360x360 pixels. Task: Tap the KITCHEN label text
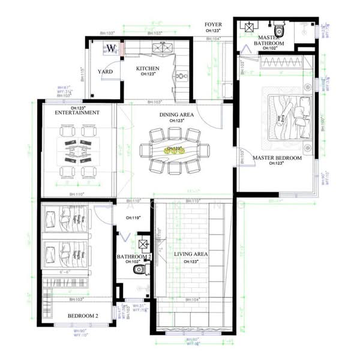click(148, 68)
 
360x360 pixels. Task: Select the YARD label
click(106, 71)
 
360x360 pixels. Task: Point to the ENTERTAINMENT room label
click(77, 112)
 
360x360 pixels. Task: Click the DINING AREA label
click(176, 114)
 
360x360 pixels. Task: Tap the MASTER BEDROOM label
click(277, 158)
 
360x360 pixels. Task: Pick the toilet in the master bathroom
click(278, 30)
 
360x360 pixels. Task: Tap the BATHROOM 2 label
click(133, 256)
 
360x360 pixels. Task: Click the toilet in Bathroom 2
click(140, 271)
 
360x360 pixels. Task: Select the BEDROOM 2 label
click(82, 314)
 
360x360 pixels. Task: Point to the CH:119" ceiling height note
click(133, 218)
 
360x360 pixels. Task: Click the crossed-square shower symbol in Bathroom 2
click(143, 244)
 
